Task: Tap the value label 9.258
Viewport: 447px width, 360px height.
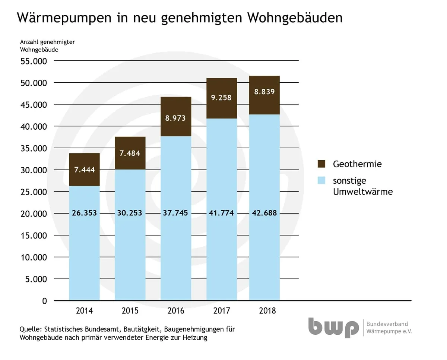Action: tap(222, 98)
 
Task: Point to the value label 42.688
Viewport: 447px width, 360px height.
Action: tap(264, 213)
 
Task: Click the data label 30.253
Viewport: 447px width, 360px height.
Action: tap(130, 213)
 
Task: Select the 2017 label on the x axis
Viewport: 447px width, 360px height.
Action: tap(222, 311)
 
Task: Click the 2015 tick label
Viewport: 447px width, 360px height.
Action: tap(130, 311)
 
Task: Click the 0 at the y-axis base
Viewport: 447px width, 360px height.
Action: tap(45, 301)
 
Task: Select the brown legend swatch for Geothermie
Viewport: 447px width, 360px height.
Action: tap(321, 164)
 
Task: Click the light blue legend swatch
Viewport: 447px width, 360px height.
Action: tap(321, 181)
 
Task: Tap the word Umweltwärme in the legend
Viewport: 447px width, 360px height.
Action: tap(363, 192)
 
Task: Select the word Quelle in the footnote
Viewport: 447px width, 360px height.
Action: tap(31, 330)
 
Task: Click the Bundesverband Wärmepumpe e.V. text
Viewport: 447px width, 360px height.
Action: tap(389, 328)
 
